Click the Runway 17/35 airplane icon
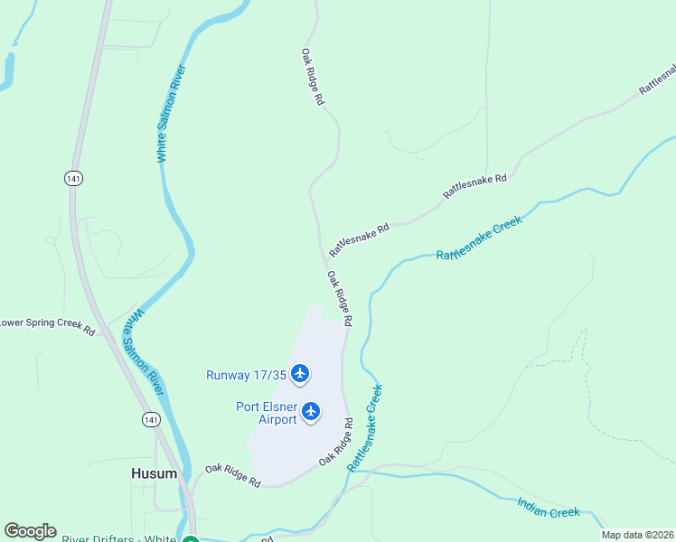tap(300, 373)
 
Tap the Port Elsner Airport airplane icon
tap(311, 412)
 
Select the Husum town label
tap(154, 473)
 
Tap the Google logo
tap(30, 531)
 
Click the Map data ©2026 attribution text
tap(637, 535)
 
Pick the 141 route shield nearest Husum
tap(151, 419)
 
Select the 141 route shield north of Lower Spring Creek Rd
tap(73, 179)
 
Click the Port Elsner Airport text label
tap(267, 413)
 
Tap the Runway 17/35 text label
tap(245, 374)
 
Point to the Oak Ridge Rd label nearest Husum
tap(232, 476)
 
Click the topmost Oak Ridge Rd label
tap(313, 78)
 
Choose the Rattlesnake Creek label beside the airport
tap(366, 426)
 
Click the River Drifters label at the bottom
tap(118, 539)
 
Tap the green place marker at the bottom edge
tap(191, 540)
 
